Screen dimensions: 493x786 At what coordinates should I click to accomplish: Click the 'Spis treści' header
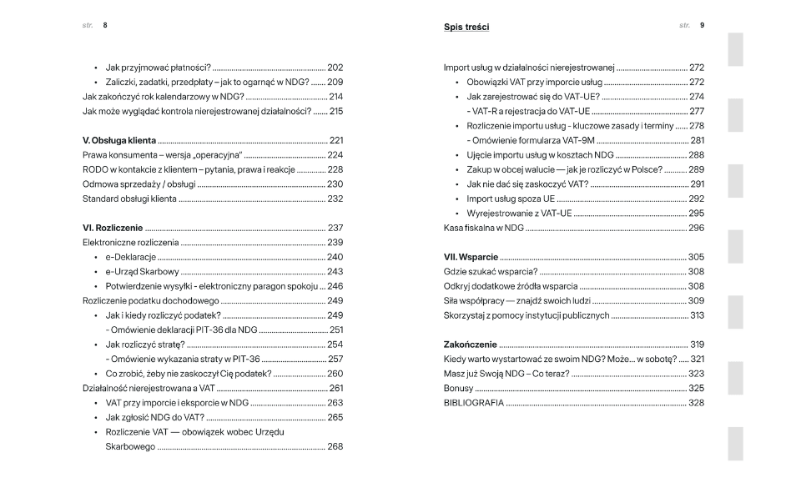pyautogui.click(x=466, y=28)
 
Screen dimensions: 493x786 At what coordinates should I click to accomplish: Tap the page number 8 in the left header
pyautogui.click(x=105, y=25)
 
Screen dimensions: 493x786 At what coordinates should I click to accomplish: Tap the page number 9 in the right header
pyautogui.click(x=702, y=25)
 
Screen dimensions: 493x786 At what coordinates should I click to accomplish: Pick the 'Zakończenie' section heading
pyautogui.click(x=471, y=345)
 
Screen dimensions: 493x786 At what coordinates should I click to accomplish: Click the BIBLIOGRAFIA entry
pyautogui.click(x=473, y=403)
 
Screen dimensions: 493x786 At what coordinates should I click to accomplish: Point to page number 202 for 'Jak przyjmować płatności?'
pyautogui.click(x=335, y=68)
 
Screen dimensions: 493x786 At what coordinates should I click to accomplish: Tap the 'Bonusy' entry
pyautogui.click(x=458, y=388)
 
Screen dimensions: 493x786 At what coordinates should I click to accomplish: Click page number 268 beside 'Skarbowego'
pyautogui.click(x=335, y=446)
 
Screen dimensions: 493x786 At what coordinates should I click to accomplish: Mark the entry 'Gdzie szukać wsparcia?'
pyautogui.click(x=491, y=272)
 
